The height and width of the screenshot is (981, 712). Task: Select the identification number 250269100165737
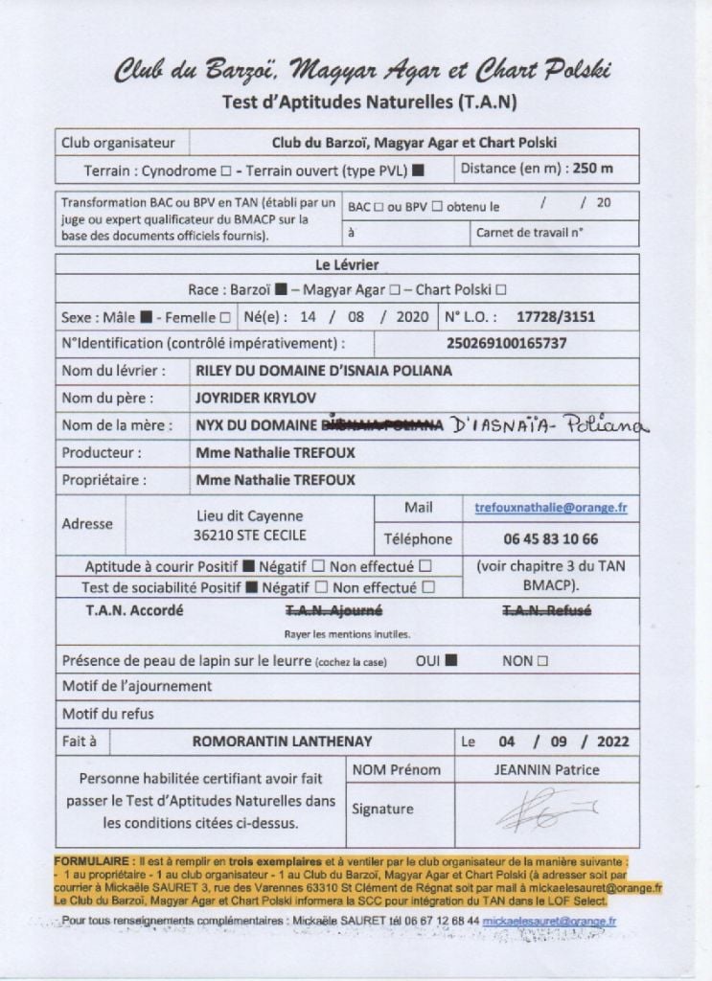click(x=506, y=342)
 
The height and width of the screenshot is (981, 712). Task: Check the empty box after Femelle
click(x=225, y=316)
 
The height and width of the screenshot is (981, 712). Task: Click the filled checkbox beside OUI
click(x=450, y=660)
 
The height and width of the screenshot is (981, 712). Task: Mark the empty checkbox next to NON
click(x=543, y=660)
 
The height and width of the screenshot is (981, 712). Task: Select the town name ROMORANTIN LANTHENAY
click(x=282, y=741)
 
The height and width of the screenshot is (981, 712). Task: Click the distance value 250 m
click(x=592, y=169)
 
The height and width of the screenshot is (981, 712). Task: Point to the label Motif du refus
click(x=107, y=714)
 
